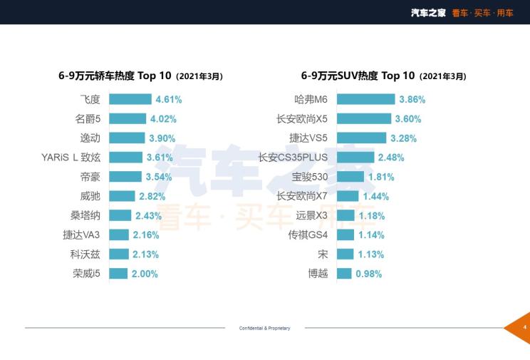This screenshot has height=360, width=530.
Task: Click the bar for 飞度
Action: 130,100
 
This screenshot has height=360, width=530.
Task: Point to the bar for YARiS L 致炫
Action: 125,158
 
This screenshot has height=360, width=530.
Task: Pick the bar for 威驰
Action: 122,196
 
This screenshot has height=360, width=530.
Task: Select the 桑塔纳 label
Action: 85,215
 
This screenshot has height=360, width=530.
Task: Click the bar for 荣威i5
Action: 118,273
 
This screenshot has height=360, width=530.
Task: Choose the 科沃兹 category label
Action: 85,254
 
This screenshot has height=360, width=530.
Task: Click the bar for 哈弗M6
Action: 365,100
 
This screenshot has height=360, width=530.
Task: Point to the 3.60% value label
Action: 408,119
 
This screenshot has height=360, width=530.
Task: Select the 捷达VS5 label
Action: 309,138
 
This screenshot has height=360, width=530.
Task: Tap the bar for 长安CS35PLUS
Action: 355,158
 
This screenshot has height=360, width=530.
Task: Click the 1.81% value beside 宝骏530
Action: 382,177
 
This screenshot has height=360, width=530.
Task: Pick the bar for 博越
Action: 344,273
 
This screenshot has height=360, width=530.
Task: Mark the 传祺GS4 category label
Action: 308,235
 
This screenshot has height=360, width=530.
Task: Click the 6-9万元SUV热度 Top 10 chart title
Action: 358,76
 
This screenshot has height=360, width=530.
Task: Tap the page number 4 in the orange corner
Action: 524,327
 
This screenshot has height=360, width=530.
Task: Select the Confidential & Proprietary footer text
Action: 264,328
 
